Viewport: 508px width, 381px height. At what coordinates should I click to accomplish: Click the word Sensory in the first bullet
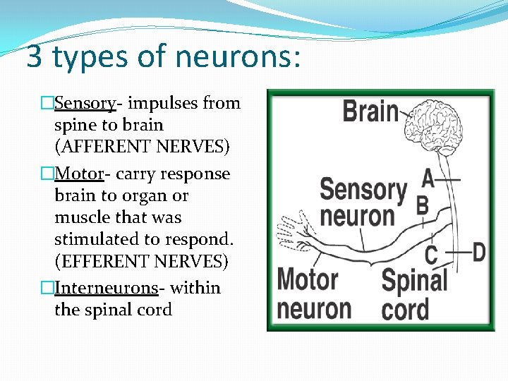85,104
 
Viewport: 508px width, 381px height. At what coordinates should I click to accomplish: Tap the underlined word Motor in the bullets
79,174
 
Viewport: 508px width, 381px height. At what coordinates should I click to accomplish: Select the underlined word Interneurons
105,288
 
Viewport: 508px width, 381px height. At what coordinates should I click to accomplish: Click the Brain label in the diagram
370,111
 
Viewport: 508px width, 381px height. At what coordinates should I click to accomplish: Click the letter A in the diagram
428,178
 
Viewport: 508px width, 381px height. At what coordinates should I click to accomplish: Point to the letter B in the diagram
423,206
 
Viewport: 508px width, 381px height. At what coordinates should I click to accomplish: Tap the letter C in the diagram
430,254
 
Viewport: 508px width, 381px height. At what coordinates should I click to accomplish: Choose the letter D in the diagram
479,251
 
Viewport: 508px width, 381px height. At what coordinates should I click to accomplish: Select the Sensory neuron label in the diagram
363,202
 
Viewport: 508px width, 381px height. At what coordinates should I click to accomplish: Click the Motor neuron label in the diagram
314,294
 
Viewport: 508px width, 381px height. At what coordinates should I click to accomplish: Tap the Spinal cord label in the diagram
414,295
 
